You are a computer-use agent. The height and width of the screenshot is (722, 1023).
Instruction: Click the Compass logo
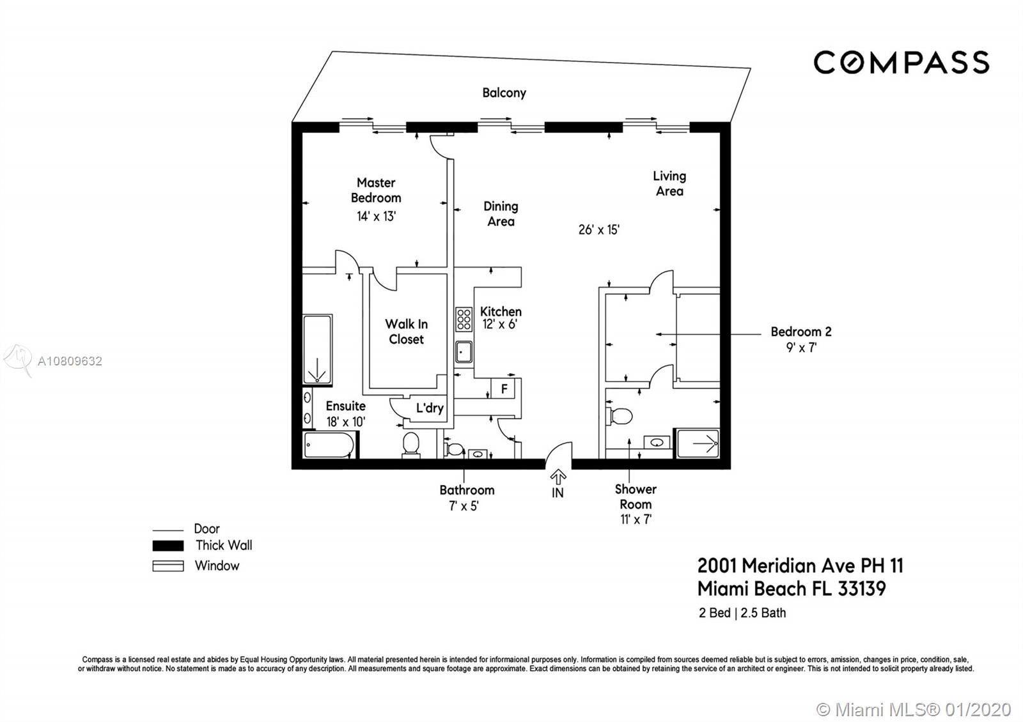(x=901, y=63)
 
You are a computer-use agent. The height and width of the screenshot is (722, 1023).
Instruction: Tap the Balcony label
(x=504, y=93)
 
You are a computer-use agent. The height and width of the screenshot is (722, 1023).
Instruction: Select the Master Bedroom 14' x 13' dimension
(x=377, y=217)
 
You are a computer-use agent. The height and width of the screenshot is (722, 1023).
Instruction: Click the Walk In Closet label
(x=407, y=332)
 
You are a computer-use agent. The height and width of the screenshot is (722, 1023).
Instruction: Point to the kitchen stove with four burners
(x=464, y=319)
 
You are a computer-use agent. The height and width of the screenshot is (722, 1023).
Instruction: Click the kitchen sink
(x=464, y=352)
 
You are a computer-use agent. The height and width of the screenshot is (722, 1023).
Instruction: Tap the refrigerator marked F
(x=504, y=389)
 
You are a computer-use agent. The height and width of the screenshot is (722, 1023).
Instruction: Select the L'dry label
(x=430, y=408)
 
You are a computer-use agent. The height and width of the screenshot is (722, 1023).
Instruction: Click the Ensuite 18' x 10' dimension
(x=346, y=422)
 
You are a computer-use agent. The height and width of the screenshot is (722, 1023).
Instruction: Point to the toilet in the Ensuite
(x=411, y=443)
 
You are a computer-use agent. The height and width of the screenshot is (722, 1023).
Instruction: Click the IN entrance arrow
(x=558, y=477)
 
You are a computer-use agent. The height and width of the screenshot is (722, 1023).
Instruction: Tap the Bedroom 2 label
(x=801, y=332)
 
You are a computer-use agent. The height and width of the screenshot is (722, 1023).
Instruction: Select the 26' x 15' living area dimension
(x=598, y=229)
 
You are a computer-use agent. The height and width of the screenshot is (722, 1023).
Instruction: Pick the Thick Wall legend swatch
(x=168, y=546)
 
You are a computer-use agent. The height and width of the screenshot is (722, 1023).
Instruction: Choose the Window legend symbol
(x=168, y=566)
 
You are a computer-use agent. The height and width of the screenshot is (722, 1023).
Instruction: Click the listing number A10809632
(x=70, y=362)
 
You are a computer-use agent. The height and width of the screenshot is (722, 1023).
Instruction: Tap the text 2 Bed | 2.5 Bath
(x=742, y=613)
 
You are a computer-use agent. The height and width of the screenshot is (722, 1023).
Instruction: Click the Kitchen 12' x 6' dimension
(x=500, y=324)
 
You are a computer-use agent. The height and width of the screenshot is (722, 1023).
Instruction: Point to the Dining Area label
(x=501, y=214)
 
